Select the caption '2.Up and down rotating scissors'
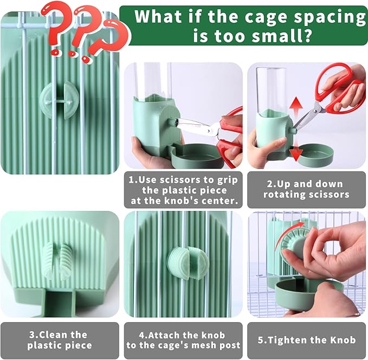306,189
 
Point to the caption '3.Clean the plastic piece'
60,340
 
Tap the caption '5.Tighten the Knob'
306,340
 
